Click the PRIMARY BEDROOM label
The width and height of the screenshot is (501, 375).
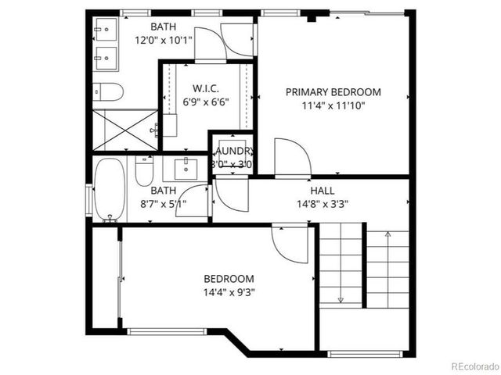(333, 91)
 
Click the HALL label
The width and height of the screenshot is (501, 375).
(322, 191)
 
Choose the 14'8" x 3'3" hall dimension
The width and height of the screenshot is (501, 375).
(322, 204)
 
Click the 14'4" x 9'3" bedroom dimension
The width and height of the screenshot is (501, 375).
(229, 292)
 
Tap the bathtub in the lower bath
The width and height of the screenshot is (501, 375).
(110, 190)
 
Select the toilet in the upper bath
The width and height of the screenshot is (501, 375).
(109, 93)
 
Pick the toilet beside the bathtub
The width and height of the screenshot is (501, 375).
(144, 172)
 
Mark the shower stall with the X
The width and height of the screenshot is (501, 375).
(125, 130)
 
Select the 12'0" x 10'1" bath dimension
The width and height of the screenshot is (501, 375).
(163, 40)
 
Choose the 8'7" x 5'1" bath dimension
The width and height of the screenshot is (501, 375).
(163, 204)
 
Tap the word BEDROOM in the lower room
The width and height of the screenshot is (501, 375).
(229, 279)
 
